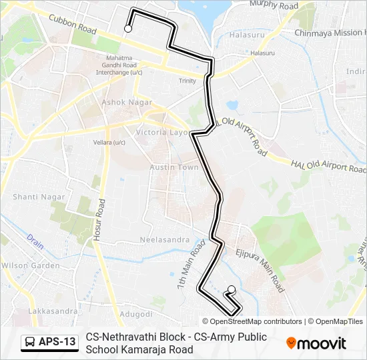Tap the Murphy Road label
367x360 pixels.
tap(274, 5)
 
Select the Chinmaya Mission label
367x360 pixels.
tap(330, 33)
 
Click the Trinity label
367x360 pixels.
tap(188, 81)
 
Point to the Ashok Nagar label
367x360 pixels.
tap(127, 102)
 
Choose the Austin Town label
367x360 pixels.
tap(174, 167)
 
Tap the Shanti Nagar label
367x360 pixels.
tap(39, 197)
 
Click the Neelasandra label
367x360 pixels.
tap(161, 239)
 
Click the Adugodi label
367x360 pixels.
tap(136, 313)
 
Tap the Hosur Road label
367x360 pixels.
tap(98, 220)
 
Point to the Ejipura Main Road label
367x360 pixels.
tap(260, 270)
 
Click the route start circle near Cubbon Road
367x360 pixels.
tap(127, 29)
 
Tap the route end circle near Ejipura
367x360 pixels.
tap(232, 289)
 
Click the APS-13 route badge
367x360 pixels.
tap(49, 343)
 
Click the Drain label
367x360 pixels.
tap(35, 241)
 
